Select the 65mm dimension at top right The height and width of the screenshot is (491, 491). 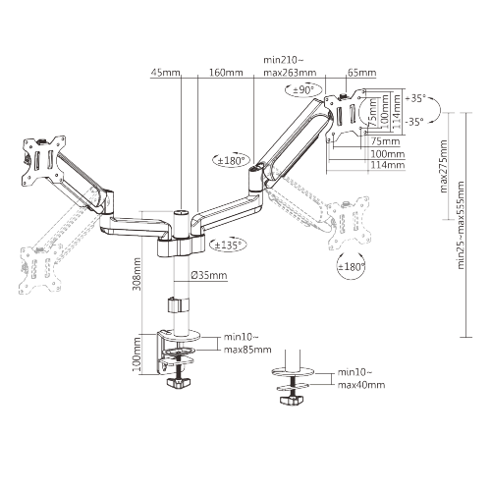(x=362, y=72)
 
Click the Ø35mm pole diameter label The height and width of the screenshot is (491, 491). (x=209, y=277)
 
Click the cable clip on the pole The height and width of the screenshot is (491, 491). (x=178, y=305)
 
